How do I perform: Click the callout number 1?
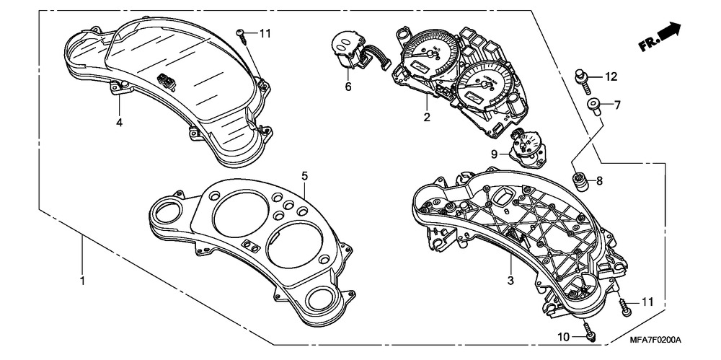82,280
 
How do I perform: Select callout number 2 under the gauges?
427,116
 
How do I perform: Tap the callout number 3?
510,281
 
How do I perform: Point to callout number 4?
120,122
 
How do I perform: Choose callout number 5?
305,175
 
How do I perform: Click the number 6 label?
348,87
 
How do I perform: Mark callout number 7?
617,105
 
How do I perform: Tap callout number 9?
495,154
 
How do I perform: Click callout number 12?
611,76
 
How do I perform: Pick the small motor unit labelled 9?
528,147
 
